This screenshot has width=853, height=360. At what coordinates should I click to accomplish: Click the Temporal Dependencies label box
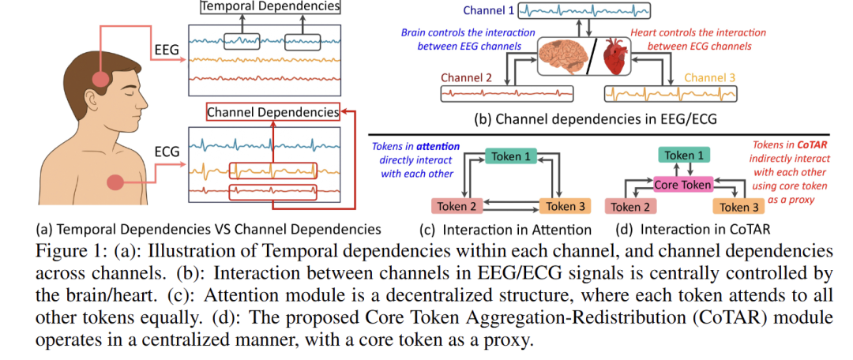(269, 7)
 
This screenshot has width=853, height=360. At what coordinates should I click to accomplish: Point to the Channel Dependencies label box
(272, 113)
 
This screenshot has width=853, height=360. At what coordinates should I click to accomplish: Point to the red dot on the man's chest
(115, 182)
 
